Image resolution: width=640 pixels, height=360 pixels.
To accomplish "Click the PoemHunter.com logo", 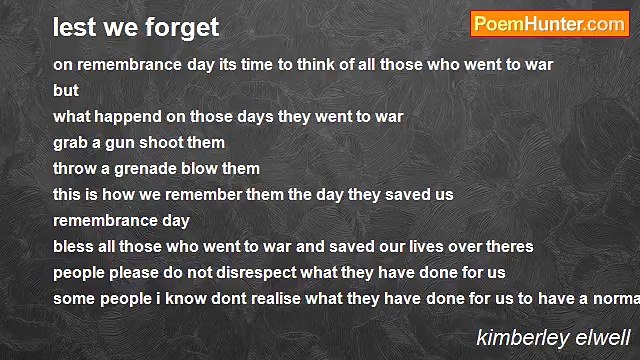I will pos(549,25).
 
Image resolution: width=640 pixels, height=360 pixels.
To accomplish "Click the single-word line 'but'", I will pos(66,90).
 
